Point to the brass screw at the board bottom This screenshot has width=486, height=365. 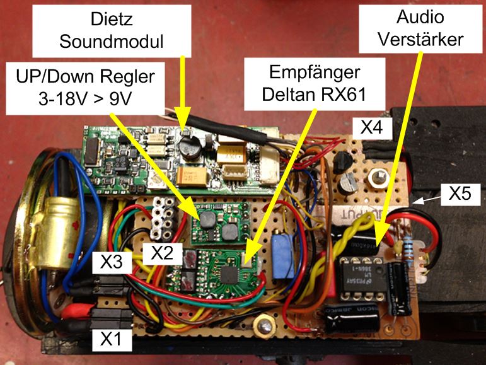[x=263, y=327]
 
